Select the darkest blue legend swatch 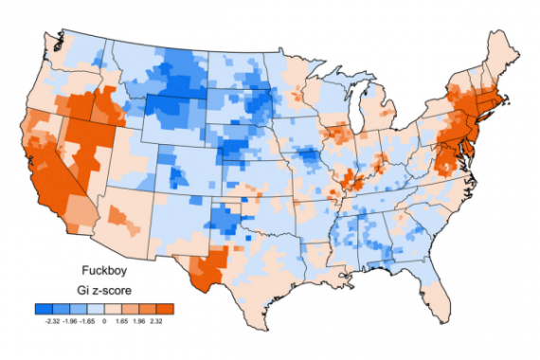tap(42, 309)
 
